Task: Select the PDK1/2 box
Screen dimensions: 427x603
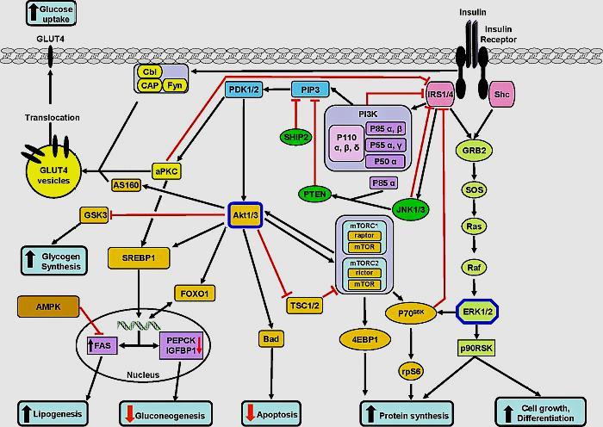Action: [x=246, y=90]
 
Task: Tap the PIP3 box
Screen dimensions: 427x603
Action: [x=310, y=90]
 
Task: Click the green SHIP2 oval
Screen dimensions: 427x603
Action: [x=295, y=137]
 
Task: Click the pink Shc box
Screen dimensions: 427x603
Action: [x=500, y=95]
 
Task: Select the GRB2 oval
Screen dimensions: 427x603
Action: [x=476, y=149]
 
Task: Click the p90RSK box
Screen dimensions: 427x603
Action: [x=476, y=348]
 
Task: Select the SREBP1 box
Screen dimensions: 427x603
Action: [x=137, y=257]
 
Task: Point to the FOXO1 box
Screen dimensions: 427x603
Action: [x=195, y=293]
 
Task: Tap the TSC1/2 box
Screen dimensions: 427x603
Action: [x=304, y=303]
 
